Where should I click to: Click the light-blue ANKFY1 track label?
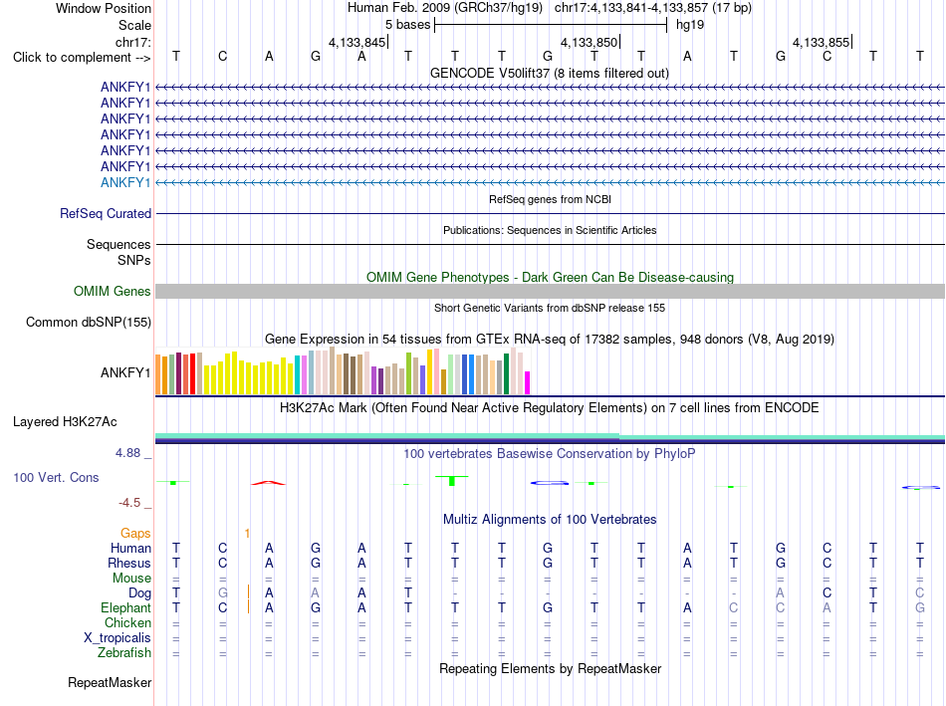(125, 182)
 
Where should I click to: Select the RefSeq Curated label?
(106, 214)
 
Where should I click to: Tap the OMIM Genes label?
(113, 291)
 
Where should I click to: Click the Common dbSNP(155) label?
(89, 323)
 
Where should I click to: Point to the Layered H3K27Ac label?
(65, 422)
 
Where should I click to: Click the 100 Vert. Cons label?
(56, 477)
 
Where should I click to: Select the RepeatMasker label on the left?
(110, 682)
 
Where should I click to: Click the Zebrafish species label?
(124, 653)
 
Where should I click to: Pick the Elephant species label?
(126, 607)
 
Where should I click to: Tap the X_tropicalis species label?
(118, 638)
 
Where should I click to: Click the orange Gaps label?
(135, 533)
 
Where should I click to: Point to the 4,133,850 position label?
(589, 42)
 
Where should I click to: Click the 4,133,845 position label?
(356, 42)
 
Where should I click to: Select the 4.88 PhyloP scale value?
(127, 452)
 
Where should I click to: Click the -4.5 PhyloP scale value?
(129, 503)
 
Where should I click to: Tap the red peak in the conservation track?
(269, 482)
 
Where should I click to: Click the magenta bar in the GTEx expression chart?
(528, 382)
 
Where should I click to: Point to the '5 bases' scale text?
(408, 25)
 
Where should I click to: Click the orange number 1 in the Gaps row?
(247, 533)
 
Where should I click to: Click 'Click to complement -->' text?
(82, 58)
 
